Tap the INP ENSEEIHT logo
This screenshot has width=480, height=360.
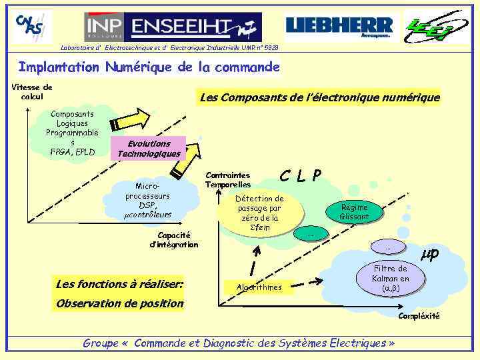(x=173, y=27)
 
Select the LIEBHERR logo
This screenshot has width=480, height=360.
(x=339, y=27)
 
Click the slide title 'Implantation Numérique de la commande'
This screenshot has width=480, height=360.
(x=149, y=67)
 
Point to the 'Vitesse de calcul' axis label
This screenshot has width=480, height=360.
(x=32, y=91)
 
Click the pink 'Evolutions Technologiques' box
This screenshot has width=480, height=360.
(x=149, y=149)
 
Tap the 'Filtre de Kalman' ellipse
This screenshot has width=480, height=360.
(x=391, y=279)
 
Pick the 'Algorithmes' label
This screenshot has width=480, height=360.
(x=259, y=287)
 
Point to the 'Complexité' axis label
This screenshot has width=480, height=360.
(x=419, y=316)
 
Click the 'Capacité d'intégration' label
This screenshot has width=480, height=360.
(x=174, y=239)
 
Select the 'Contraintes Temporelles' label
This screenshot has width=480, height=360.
(x=228, y=179)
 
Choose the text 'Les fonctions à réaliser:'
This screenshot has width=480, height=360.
(x=120, y=285)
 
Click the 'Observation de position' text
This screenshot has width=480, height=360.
(x=120, y=303)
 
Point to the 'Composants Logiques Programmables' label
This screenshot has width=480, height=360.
(x=73, y=133)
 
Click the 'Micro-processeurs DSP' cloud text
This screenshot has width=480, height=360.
(x=148, y=200)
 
